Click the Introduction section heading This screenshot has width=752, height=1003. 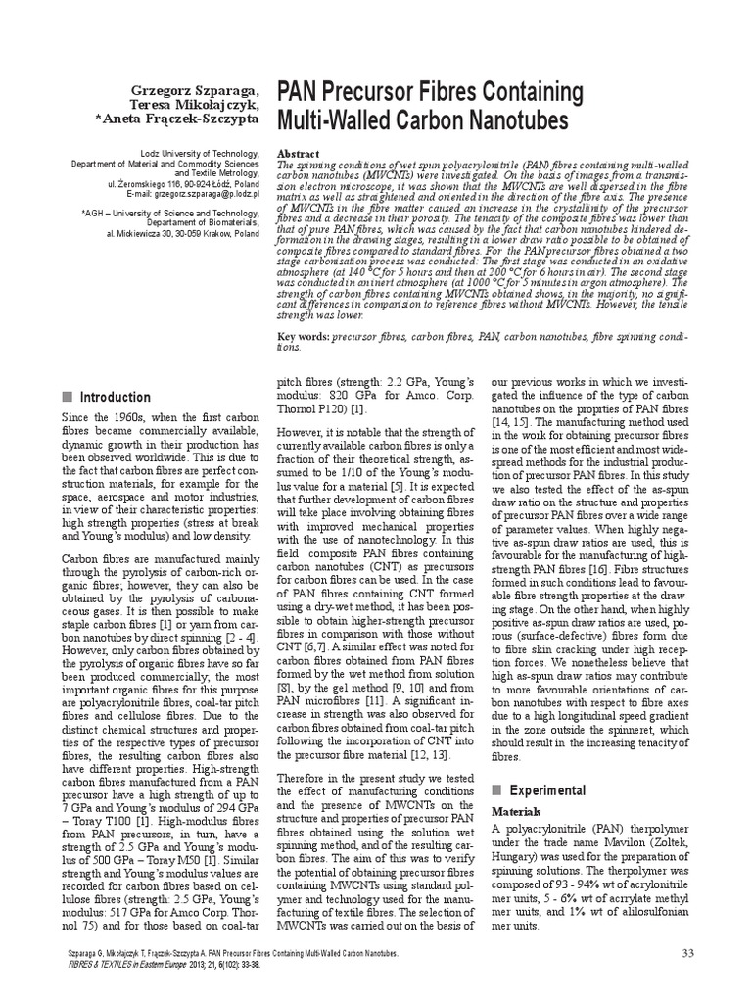point(116,397)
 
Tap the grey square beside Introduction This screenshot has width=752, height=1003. point(67,397)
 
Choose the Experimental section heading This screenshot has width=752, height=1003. point(549,790)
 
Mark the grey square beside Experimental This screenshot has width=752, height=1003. point(496,790)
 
